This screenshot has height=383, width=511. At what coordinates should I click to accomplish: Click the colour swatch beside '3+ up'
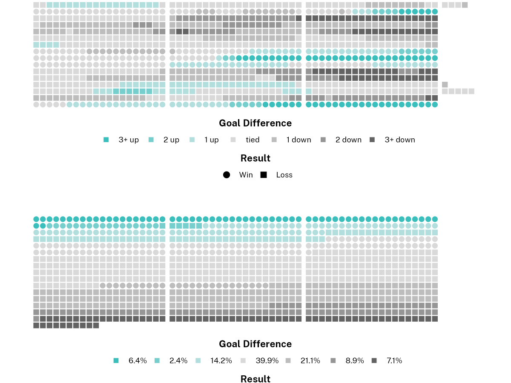[x=106, y=140]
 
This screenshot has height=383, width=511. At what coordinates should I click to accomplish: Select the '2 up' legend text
[x=171, y=140]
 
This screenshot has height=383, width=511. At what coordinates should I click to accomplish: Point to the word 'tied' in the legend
[x=253, y=140]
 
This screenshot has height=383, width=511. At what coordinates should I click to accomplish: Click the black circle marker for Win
[x=227, y=175]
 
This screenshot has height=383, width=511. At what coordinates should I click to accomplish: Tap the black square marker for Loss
[x=264, y=175]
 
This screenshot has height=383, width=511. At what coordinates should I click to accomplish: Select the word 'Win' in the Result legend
[x=246, y=175]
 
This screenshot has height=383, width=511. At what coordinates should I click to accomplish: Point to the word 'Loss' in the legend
[x=284, y=175]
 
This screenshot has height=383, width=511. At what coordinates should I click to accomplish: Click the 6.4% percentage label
[x=138, y=360]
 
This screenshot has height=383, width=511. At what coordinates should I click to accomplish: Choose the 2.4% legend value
[x=178, y=360]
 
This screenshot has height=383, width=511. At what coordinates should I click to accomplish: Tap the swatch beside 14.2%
[x=198, y=360]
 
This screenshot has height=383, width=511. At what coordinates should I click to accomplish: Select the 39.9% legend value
[x=267, y=360]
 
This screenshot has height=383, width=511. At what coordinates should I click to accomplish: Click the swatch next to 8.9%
[x=333, y=360]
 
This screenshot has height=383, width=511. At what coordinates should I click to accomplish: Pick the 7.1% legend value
[x=394, y=360]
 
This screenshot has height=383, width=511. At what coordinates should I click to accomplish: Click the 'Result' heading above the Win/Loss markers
[x=255, y=158]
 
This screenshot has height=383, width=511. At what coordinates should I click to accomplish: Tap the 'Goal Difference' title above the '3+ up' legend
[x=255, y=123]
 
